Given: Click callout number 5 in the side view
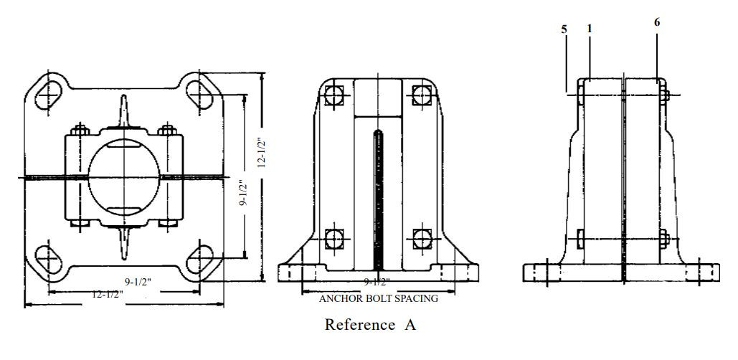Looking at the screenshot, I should pyautogui.click(x=564, y=29).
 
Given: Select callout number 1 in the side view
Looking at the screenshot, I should pyautogui.click(x=590, y=29).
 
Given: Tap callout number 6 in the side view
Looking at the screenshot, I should pyautogui.click(x=657, y=22).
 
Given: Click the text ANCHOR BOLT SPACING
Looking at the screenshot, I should pyautogui.click(x=379, y=298).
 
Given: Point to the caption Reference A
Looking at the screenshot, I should pyautogui.click(x=370, y=325).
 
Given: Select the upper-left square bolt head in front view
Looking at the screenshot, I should pyautogui.click(x=333, y=95).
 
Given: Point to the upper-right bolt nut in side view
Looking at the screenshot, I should pyautogui.click(x=663, y=94).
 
